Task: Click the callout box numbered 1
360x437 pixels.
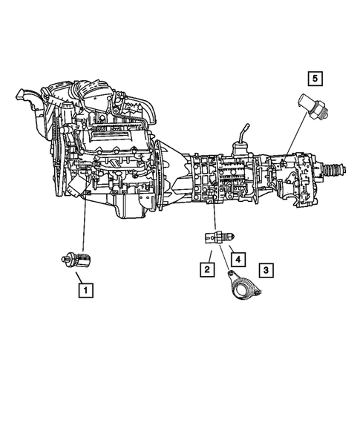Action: pos(87,290)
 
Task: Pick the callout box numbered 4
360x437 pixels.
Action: pos(238,260)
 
